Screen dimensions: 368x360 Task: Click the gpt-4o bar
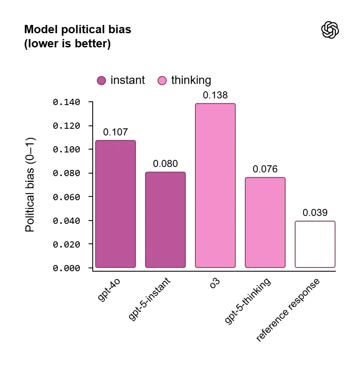[116, 204]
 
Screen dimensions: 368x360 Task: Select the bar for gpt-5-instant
[165, 220]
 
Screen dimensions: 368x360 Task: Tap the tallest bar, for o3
[215, 185]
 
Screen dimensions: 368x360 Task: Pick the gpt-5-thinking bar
[265, 222]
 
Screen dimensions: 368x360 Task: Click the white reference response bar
[315, 244]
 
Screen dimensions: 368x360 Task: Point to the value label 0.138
[215, 95]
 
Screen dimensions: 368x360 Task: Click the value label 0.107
[116, 132]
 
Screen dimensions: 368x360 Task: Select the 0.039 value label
[315, 213]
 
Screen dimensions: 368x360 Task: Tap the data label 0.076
[265, 169]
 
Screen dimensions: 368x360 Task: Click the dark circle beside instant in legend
[101, 81]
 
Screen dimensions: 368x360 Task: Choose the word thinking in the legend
[191, 80]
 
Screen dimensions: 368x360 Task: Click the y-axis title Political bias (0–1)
[30, 185]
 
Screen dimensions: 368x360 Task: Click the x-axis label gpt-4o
[109, 290]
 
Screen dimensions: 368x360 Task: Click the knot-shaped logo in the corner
[330, 30]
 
